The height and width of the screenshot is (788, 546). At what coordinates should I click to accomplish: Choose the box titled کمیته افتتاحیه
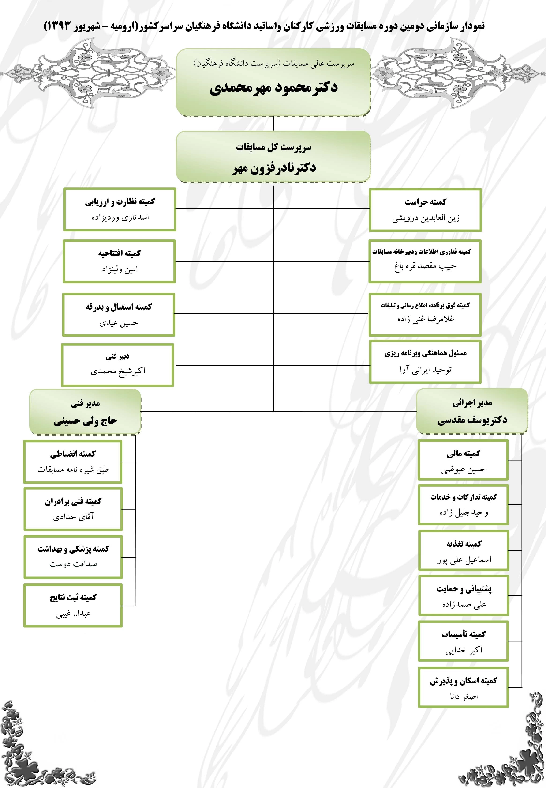click(x=119, y=261)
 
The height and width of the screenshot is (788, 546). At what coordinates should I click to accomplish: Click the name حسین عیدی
click(x=119, y=323)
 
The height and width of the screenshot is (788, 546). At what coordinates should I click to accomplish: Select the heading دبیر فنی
click(x=117, y=356)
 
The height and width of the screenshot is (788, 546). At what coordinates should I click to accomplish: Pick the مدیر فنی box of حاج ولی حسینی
click(x=85, y=412)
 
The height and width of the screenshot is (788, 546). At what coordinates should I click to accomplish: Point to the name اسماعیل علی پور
click(x=464, y=560)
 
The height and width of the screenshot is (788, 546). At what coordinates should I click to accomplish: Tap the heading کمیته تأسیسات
click(x=463, y=634)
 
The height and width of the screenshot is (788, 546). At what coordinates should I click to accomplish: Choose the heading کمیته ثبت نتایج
click(x=73, y=597)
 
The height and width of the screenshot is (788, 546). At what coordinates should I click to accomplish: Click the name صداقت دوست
click(x=73, y=564)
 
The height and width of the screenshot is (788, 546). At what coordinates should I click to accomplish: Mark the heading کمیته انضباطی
click(x=73, y=454)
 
